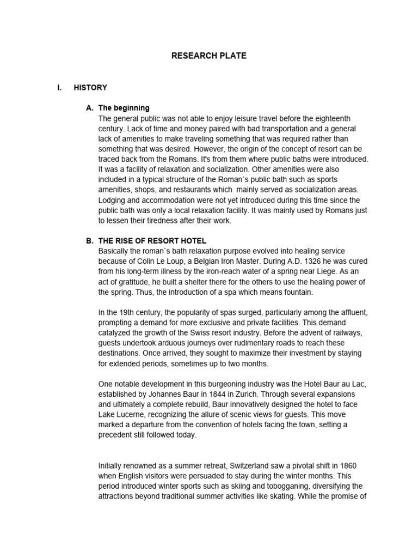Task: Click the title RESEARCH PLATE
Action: click(209, 56)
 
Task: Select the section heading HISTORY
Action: click(90, 87)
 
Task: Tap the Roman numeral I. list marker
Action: click(60, 87)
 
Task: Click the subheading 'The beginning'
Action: click(124, 108)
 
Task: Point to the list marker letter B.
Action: click(90, 241)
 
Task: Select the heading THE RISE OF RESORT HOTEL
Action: click(152, 241)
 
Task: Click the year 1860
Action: click(347, 465)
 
